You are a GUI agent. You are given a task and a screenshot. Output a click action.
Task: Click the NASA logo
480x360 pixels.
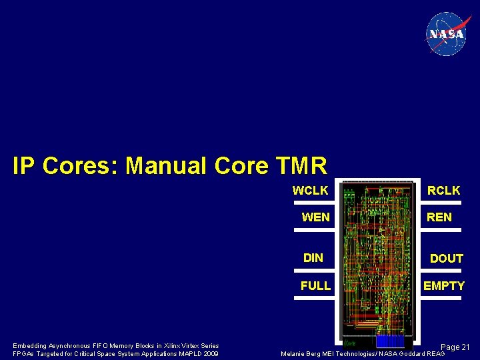click(x=446, y=34)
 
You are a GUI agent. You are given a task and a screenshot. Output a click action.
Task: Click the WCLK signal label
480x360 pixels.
click(x=310, y=191)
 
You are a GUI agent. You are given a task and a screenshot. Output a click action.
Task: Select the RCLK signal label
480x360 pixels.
click(x=443, y=191)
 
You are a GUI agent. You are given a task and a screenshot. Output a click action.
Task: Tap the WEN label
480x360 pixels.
click(x=315, y=217)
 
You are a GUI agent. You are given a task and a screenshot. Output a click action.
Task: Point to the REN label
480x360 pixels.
click(x=439, y=217)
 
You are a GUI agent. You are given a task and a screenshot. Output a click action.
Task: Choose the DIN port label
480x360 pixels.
click(x=313, y=258)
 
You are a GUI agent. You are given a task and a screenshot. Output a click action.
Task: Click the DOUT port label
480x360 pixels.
click(x=446, y=259)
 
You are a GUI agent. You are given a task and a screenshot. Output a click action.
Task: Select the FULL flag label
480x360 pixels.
click(x=315, y=286)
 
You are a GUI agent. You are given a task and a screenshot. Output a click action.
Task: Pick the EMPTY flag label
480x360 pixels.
click(x=444, y=286)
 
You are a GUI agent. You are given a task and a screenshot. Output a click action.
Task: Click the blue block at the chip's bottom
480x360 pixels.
click(x=390, y=341)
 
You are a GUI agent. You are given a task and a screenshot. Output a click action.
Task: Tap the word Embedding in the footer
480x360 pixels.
click(x=29, y=346)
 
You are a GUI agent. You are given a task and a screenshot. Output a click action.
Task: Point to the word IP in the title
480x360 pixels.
click(x=25, y=165)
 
